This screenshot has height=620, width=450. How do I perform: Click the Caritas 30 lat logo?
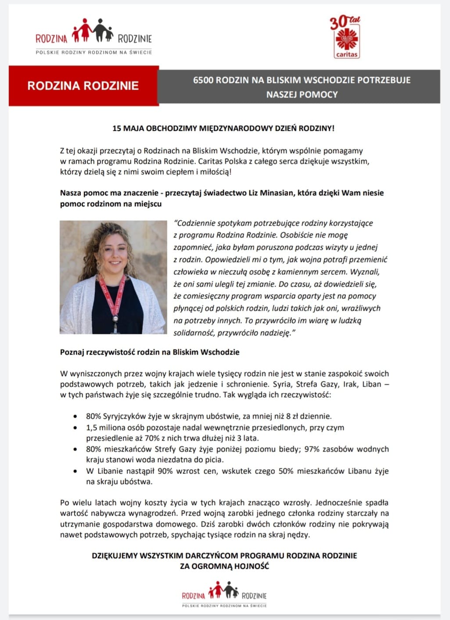click(346, 37)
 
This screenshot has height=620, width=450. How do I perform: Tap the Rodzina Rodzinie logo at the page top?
click(94, 36)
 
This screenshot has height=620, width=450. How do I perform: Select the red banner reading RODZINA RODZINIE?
click(83, 86)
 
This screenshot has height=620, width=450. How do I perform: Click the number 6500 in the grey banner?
click(203, 80)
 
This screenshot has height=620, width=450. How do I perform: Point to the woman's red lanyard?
click(113, 294)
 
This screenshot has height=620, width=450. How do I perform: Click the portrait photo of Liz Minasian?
click(113, 277)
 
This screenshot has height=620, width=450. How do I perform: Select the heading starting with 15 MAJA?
click(223, 129)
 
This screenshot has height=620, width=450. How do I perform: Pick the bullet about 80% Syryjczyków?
click(209, 416)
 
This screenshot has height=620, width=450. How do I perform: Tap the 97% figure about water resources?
click(312, 449)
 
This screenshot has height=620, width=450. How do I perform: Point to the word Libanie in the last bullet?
click(110, 471)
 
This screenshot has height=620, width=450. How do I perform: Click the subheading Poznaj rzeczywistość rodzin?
click(149, 352)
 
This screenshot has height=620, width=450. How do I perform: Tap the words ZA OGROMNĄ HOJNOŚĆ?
click(224, 566)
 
